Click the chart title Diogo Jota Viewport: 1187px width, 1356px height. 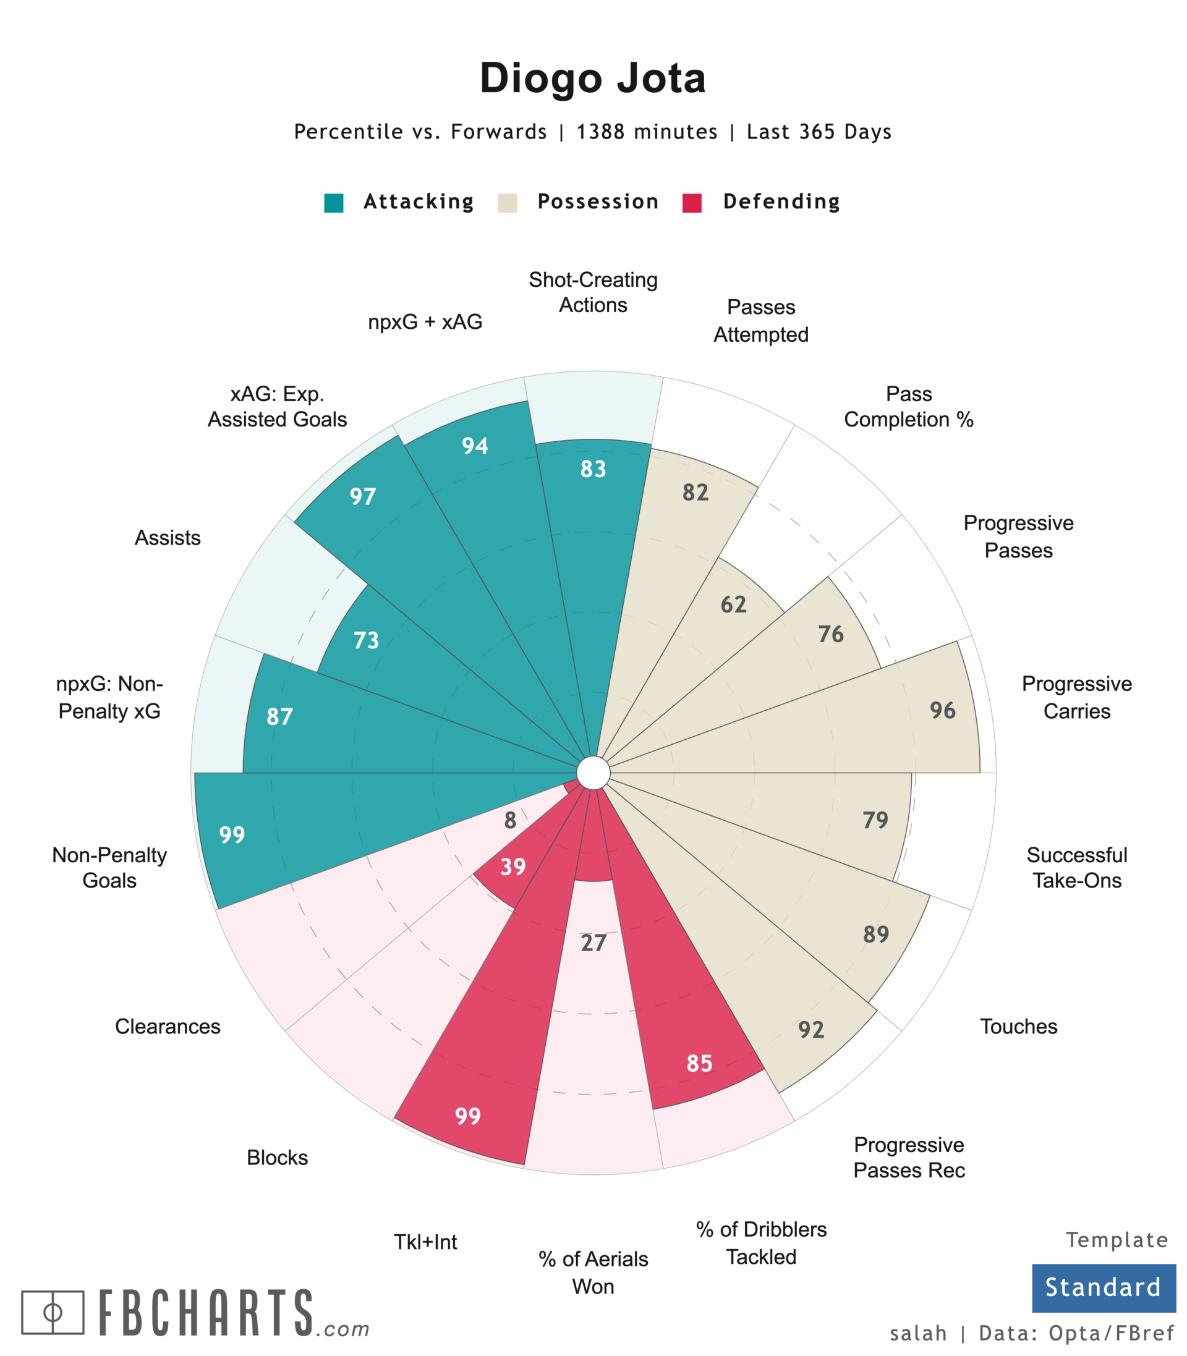pyautogui.click(x=593, y=78)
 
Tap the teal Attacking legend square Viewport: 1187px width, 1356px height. pyautogui.click(x=334, y=203)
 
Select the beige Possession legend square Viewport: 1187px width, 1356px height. pyautogui.click(x=508, y=203)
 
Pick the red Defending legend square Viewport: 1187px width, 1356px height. pyautogui.click(x=692, y=203)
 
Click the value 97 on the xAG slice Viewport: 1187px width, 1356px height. pyautogui.click(x=363, y=496)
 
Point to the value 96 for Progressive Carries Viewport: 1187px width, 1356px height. pyautogui.click(x=943, y=710)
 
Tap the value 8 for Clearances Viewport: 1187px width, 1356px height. pyautogui.click(x=510, y=820)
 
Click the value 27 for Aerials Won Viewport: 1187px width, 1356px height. pyautogui.click(x=593, y=943)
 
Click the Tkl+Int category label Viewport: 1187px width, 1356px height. pyautogui.click(x=425, y=1242)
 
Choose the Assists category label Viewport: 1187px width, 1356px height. pyautogui.click(x=168, y=538)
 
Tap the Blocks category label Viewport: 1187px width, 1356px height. pyautogui.click(x=277, y=1158)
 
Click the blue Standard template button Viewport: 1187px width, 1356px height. pyautogui.click(x=1103, y=1287)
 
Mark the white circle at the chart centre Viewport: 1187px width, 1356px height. pyautogui.click(x=593, y=773)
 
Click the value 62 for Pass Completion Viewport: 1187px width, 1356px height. pyautogui.click(x=733, y=604)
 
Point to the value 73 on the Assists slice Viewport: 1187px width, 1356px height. pyautogui.click(x=366, y=640)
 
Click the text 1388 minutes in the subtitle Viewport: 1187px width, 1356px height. pyautogui.click(x=647, y=132)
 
